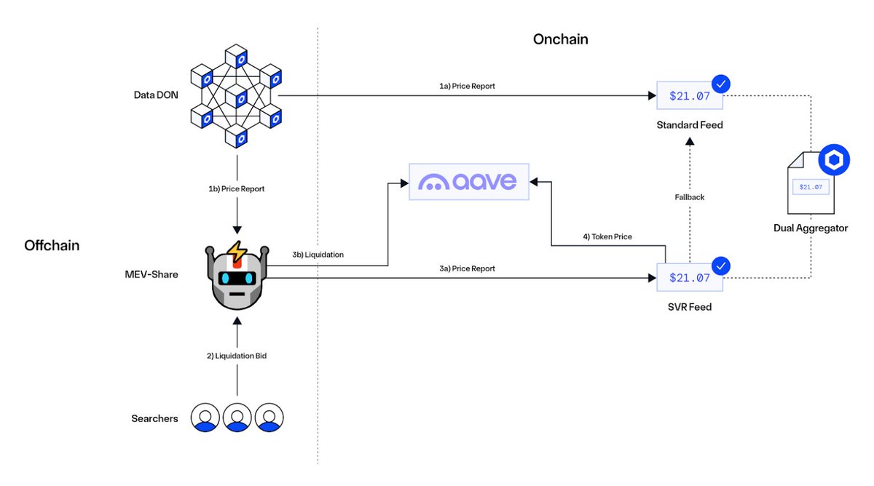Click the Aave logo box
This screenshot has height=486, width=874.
468,181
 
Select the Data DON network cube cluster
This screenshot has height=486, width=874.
235,95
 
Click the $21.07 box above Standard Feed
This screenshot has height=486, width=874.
689,95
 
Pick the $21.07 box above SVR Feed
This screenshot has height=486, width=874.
689,278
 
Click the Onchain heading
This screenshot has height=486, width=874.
560,39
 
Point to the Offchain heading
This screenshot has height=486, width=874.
52,246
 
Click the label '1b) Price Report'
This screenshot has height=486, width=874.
236,189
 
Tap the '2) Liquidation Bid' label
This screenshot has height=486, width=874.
236,356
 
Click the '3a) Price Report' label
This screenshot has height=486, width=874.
467,268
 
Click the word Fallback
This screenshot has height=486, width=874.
689,197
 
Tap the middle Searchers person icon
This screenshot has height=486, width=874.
237,418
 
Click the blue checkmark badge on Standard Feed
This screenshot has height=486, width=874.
720,84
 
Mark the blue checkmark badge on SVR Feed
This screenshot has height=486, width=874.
720,266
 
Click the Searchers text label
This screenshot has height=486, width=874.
155,418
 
